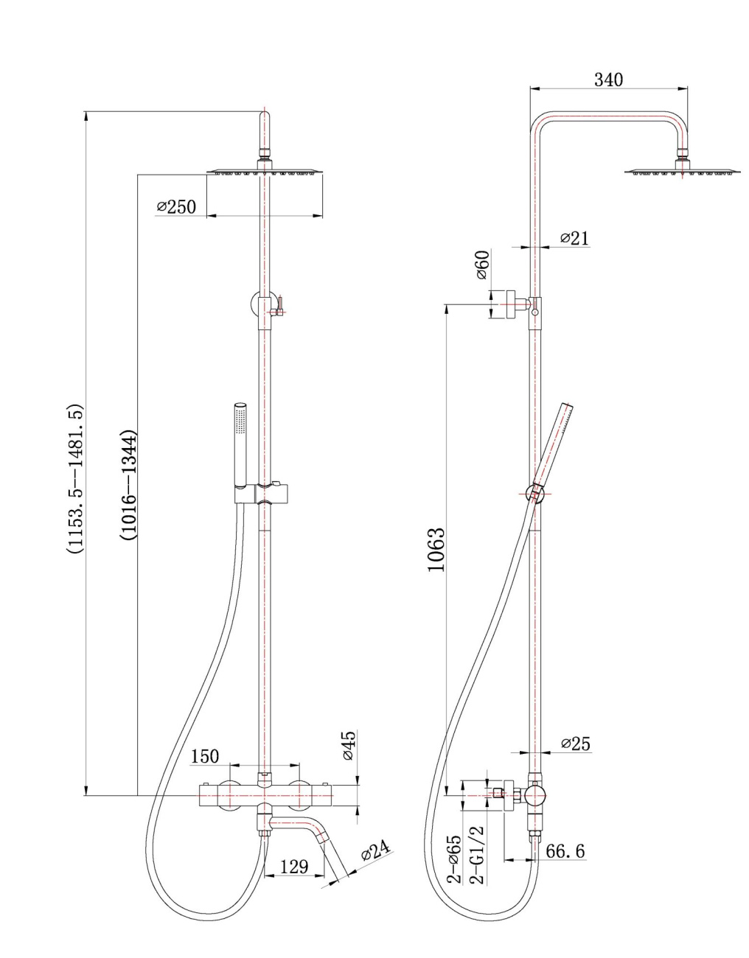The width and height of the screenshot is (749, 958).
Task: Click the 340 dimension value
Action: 608,80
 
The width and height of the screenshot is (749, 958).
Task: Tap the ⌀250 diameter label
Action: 177,207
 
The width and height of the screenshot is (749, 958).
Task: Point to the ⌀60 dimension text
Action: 482,265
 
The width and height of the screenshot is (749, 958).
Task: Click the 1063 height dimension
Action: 436,550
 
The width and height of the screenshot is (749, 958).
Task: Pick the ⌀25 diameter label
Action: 575,744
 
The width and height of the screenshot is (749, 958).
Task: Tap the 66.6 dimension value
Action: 565,851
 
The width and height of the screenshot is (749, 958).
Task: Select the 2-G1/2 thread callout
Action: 477,855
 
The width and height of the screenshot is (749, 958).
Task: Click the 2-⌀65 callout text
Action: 455,859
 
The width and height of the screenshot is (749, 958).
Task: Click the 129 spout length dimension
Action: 294,867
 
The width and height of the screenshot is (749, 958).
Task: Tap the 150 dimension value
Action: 205,757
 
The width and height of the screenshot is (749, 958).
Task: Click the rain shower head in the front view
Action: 265,172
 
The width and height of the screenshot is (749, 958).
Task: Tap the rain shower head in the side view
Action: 682,172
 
